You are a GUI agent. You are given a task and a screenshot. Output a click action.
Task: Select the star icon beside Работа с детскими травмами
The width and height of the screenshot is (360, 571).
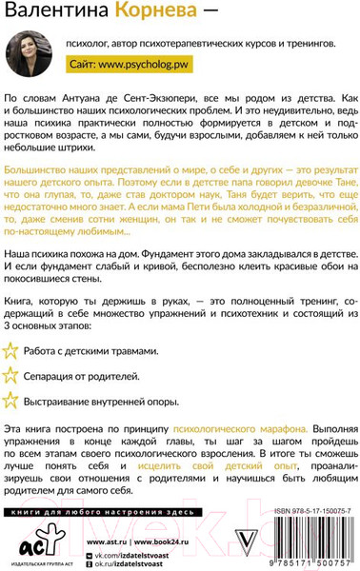(13, 324)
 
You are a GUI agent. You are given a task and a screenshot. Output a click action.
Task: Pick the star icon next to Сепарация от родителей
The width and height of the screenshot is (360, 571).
(13, 347)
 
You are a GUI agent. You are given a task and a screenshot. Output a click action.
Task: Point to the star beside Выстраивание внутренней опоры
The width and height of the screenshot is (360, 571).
(13, 371)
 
